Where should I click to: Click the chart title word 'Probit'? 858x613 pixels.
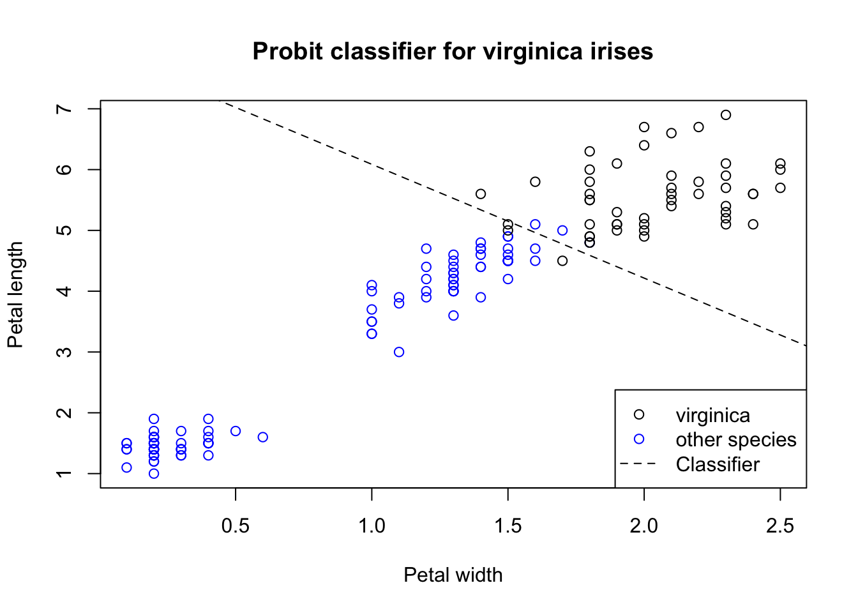click(x=288, y=52)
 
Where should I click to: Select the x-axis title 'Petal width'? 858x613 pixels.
click(x=453, y=575)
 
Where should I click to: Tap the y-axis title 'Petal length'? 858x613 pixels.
click(x=15, y=294)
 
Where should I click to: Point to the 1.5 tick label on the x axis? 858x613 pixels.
click(x=508, y=526)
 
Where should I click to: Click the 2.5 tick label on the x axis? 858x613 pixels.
click(x=780, y=526)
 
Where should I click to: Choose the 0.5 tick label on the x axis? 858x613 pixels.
click(x=236, y=526)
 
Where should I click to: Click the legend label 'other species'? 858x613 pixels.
click(x=735, y=440)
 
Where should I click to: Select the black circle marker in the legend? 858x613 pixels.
click(x=638, y=415)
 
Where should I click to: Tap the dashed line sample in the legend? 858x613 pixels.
click(x=638, y=464)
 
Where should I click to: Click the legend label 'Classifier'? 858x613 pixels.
click(x=718, y=464)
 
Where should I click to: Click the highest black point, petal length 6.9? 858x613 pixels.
click(x=726, y=115)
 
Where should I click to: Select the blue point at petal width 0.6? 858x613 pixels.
click(x=263, y=437)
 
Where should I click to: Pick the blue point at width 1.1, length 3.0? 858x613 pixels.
click(x=399, y=352)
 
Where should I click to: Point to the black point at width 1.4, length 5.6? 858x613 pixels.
click(x=481, y=194)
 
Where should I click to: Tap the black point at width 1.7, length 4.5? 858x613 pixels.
click(x=562, y=261)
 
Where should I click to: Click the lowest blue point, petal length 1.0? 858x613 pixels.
click(x=154, y=474)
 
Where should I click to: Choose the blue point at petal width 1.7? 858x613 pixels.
click(x=562, y=231)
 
